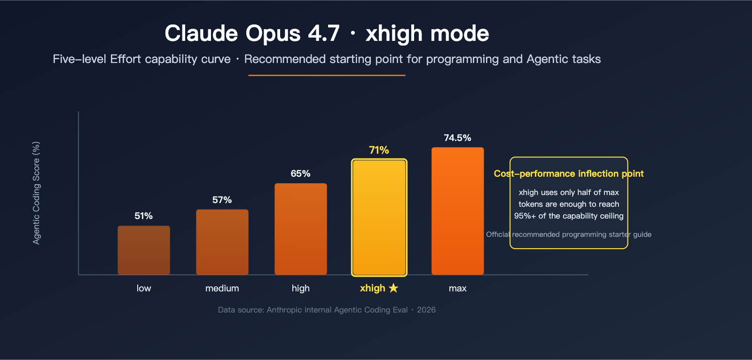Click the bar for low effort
pyautogui.click(x=143, y=250)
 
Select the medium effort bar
pyautogui.click(x=222, y=242)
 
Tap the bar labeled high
pyautogui.click(x=300, y=229)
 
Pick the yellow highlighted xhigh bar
pyautogui.click(x=379, y=217)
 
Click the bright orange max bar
pyautogui.click(x=457, y=211)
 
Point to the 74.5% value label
pyautogui.click(x=457, y=138)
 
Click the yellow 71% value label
pyautogui.click(x=379, y=150)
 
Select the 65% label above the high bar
pyautogui.click(x=300, y=173)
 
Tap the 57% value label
pyautogui.click(x=222, y=200)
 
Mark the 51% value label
pyautogui.click(x=143, y=216)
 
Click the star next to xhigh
pyautogui.click(x=393, y=288)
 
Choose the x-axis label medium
pyautogui.click(x=222, y=288)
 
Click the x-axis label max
pyautogui.click(x=457, y=288)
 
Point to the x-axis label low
pyautogui.click(x=143, y=288)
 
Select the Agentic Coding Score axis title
pyautogui.click(x=36, y=193)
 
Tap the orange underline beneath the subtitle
pyautogui.click(x=327, y=75)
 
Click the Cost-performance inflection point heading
pyautogui.click(x=568, y=173)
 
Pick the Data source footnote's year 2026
pyautogui.click(x=426, y=310)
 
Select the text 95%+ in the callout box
pyautogui.click(x=525, y=216)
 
